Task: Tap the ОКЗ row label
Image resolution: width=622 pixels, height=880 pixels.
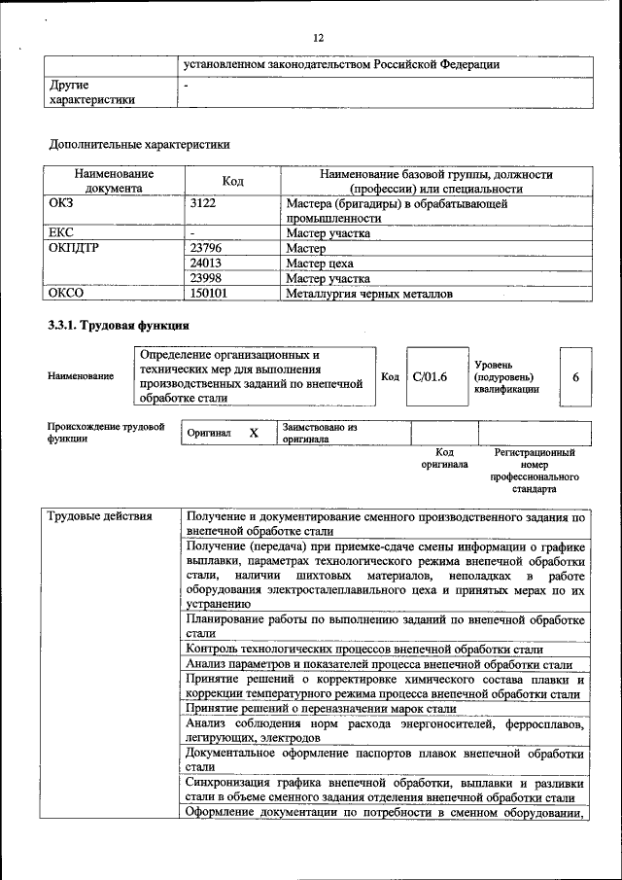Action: pos(61,205)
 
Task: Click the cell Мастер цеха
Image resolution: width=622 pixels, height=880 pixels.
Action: pos(320,264)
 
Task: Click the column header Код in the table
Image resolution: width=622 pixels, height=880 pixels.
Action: pos(232,181)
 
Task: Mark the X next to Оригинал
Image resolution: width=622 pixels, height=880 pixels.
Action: pos(253,433)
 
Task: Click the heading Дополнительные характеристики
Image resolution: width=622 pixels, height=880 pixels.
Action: pos(139,145)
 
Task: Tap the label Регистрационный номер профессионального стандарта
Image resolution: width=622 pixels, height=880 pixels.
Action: pos(534,471)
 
